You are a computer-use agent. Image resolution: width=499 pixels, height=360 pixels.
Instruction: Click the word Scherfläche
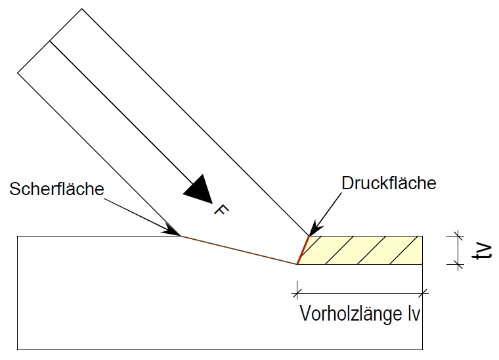(x=56, y=189)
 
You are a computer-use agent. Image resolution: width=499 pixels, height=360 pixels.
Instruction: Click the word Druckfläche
(x=389, y=183)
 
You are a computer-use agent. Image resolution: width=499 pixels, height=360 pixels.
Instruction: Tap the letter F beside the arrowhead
(x=221, y=210)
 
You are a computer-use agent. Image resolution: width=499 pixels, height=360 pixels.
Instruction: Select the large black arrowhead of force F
(x=199, y=190)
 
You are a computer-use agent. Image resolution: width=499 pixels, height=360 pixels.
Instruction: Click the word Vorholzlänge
(x=351, y=313)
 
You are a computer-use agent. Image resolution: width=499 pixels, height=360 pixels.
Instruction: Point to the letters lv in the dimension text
(x=414, y=314)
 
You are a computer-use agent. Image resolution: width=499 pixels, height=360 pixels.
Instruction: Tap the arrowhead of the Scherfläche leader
(x=172, y=231)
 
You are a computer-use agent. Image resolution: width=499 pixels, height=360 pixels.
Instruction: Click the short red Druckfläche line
(x=303, y=250)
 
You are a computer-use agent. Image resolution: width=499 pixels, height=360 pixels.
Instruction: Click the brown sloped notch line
(x=239, y=250)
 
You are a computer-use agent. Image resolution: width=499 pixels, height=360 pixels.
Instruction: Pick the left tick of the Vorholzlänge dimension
(x=297, y=293)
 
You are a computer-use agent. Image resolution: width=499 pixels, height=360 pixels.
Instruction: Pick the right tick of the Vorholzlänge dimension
(x=423, y=293)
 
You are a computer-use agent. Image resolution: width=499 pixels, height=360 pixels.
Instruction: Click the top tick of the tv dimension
(x=458, y=236)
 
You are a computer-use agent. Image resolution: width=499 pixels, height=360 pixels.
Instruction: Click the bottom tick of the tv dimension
(x=458, y=264)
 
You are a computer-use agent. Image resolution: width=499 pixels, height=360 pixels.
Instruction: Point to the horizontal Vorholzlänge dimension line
(x=360, y=293)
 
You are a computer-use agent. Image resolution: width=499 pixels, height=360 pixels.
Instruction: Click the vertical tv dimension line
(x=458, y=250)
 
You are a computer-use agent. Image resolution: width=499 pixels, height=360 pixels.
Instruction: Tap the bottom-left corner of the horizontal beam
(x=18, y=349)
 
